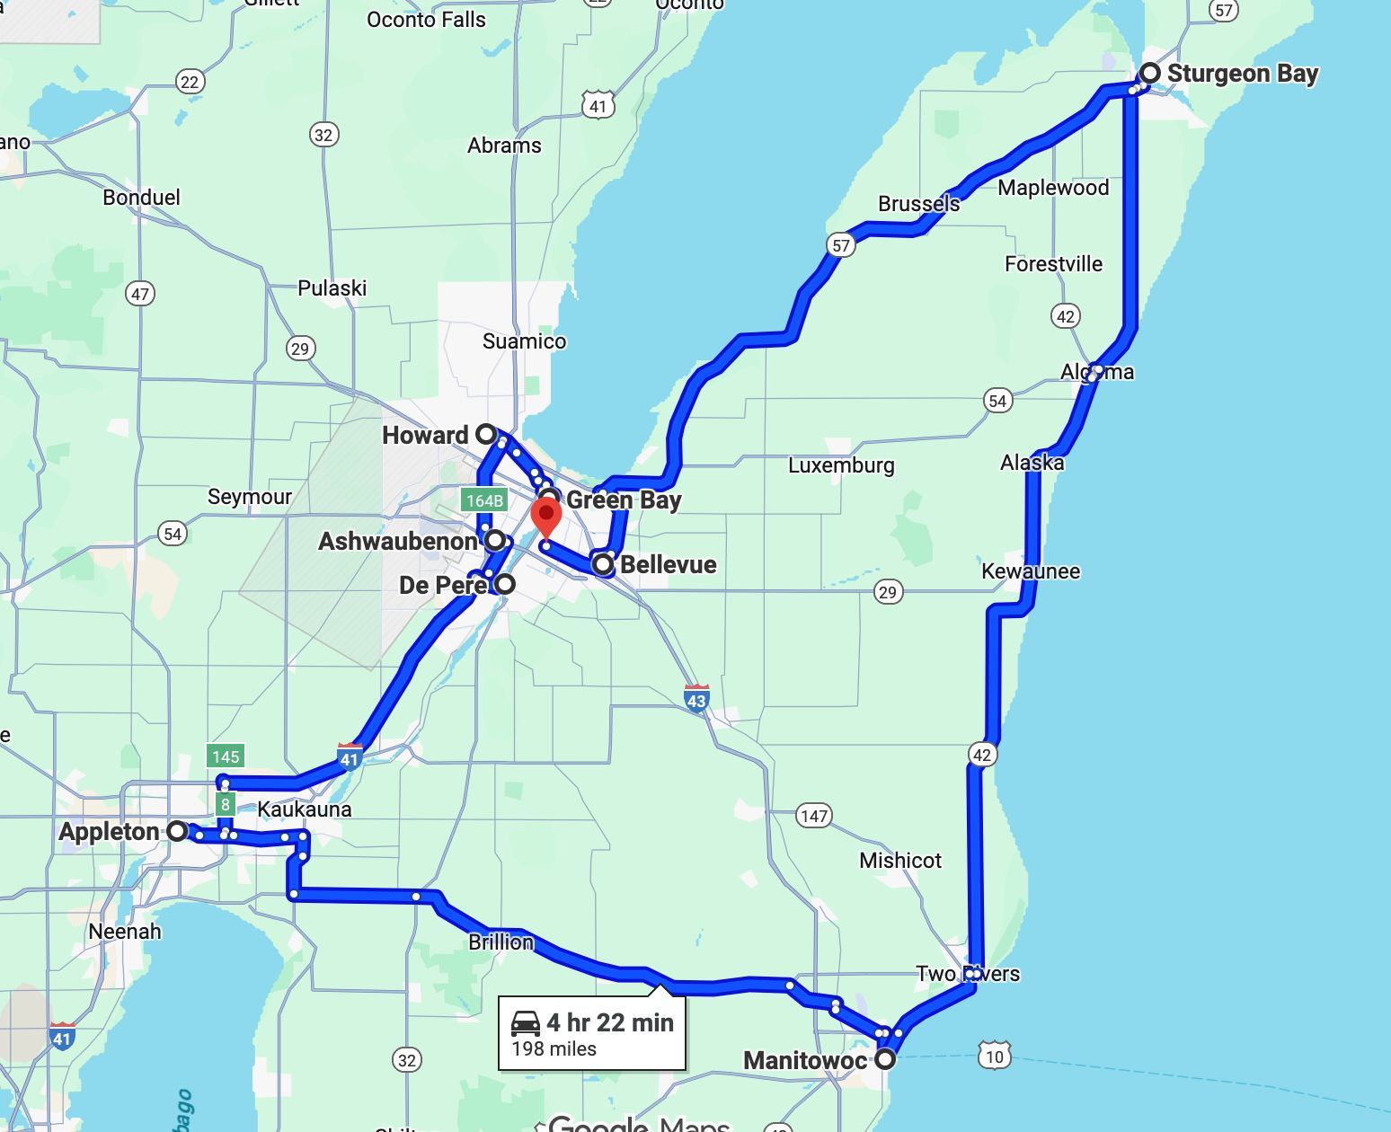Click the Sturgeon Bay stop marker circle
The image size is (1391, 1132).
point(1150,73)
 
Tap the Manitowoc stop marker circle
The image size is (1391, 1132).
point(885,1059)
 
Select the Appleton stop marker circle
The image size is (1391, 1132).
point(177,831)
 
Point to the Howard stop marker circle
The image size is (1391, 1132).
point(486,435)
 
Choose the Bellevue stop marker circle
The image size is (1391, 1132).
point(603,564)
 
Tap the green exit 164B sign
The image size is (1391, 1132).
point(483,500)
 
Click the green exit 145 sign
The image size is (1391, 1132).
point(225,756)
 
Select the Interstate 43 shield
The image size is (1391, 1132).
point(696,697)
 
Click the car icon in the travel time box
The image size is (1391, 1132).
point(526,1022)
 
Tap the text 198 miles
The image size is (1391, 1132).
point(554,1048)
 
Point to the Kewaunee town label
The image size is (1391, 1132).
point(1031,571)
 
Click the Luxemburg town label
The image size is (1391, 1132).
point(841,465)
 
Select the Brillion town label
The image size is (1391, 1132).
point(501,942)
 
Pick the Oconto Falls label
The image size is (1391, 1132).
point(426,20)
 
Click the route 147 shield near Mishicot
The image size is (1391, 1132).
point(813,816)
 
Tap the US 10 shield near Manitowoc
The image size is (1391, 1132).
point(995,1056)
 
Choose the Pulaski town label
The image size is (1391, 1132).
point(332,288)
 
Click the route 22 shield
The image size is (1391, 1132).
point(189,82)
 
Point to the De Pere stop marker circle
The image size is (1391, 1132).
point(506,584)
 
